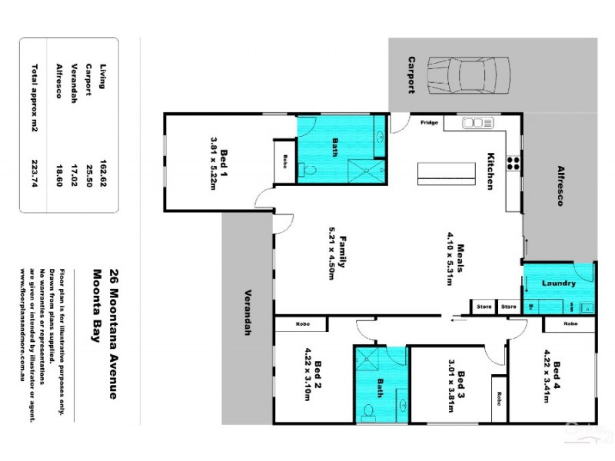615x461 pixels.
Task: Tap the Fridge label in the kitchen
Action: tap(428, 122)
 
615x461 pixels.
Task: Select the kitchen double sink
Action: tap(477, 122)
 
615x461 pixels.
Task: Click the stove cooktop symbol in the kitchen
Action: tap(514, 162)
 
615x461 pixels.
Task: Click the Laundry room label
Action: tap(559, 284)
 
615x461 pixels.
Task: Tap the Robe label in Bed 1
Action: tap(284, 161)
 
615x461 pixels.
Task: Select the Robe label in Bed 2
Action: tap(302, 325)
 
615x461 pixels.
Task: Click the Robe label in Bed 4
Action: tap(570, 324)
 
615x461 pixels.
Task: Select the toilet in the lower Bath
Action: tap(370, 413)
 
